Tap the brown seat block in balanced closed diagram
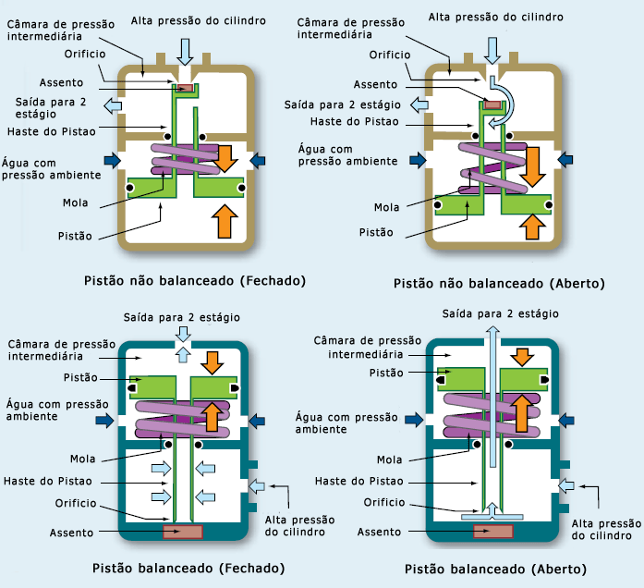[x=183, y=533]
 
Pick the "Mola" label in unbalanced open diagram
[x=386, y=207]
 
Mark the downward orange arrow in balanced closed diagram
[x=213, y=361]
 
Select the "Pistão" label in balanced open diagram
[x=385, y=373]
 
